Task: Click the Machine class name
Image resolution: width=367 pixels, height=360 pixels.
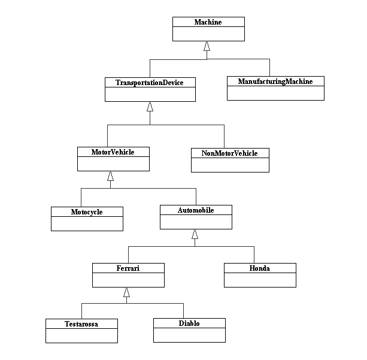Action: [208, 22]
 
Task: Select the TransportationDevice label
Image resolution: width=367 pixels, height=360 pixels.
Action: [150, 83]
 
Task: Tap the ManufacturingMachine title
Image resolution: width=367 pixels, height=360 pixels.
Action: [275, 81]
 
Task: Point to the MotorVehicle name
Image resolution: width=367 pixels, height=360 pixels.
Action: [113, 152]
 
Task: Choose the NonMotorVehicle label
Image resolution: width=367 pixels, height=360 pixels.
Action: [230, 153]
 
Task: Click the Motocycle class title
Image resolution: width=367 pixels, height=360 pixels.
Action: [87, 212]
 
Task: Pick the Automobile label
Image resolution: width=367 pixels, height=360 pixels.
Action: [196, 210]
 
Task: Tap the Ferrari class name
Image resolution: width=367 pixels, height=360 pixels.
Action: [128, 268]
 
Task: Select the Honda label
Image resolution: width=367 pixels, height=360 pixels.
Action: [260, 268]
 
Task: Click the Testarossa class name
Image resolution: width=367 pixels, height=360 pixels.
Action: [81, 324]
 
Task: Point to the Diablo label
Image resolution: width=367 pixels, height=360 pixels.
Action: [189, 323]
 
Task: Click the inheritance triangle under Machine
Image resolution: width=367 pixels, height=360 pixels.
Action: [207, 46]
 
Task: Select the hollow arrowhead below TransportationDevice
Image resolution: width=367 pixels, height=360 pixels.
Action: [150, 107]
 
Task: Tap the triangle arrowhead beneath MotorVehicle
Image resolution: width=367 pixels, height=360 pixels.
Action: [111, 176]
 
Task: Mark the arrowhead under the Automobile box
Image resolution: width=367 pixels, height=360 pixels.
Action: [195, 234]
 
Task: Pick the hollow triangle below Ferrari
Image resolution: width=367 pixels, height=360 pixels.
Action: [127, 292]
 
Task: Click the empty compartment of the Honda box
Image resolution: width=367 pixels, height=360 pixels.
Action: [260, 280]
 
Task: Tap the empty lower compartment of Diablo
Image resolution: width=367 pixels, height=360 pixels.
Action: [189, 335]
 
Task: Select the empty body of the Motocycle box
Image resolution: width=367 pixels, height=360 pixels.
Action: [87, 223]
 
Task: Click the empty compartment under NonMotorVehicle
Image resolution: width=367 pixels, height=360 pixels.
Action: [230, 165]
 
